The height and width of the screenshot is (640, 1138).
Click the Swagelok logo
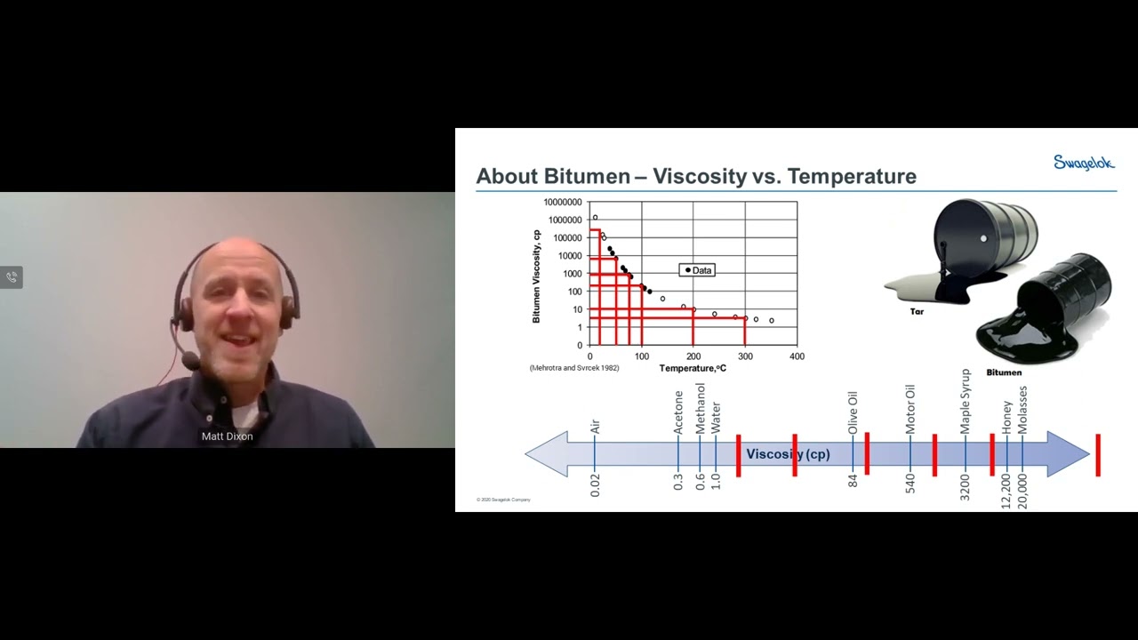point(1084,163)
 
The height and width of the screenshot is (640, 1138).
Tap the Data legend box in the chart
point(698,270)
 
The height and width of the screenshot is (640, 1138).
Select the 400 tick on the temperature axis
point(797,356)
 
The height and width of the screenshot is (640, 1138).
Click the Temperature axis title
point(693,368)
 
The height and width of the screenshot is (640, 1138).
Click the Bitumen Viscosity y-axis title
point(537,276)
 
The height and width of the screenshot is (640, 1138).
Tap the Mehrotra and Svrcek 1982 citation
point(574,368)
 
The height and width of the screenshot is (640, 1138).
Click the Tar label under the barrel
point(918,312)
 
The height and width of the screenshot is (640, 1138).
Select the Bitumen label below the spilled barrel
point(1004,372)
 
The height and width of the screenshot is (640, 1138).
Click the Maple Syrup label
point(966,401)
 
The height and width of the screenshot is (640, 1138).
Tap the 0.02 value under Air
point(595,484)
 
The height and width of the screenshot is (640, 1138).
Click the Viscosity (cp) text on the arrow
point(788,454)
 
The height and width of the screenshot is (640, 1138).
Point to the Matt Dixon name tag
point(228,436)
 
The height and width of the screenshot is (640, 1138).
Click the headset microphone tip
point(189,360)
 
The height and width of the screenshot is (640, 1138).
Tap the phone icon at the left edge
point(12,277)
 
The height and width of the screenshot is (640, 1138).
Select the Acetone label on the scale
point(678,412)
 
